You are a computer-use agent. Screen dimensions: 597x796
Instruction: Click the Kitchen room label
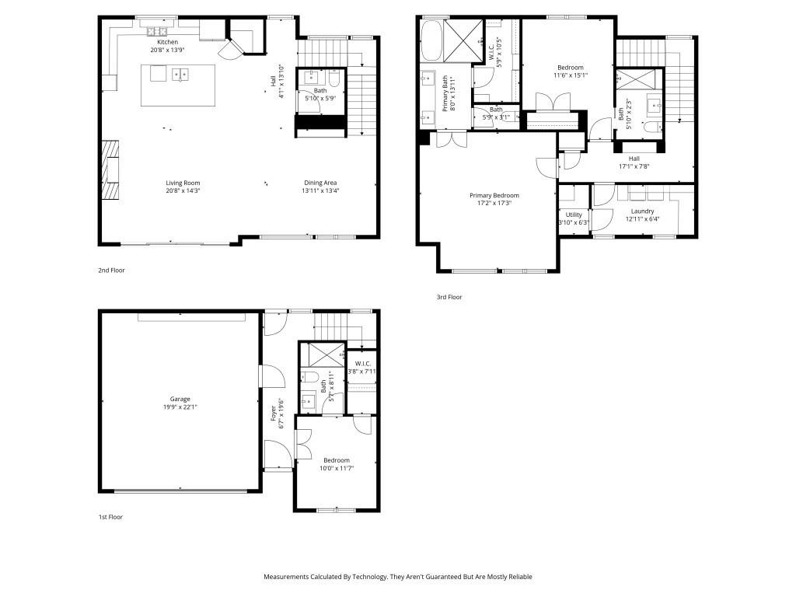click(x=167, y=42)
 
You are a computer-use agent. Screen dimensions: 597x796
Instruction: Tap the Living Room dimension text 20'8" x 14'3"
click(x=183, y=190)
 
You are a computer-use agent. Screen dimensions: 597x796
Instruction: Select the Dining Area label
click(x=320, y=183)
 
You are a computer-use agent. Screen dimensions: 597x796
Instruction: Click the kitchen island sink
click(x=180, y=75)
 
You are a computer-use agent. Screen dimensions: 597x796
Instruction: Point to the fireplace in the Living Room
click(x=113, y=170)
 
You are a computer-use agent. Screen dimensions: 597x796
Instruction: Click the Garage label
click(x=180, y=399)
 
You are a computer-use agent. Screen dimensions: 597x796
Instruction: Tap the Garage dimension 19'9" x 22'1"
click(x=180, y=407)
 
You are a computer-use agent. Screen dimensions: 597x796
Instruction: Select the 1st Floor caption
click(x=110, y=517)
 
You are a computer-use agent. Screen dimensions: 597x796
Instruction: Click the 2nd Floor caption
click(x=111, y=271)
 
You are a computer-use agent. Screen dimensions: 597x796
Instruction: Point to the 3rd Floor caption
click(x=449, y=297)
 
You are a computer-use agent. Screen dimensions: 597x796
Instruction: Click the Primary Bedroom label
click(x=494, y=195)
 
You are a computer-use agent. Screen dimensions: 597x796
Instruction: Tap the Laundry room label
click(x=642, y=211)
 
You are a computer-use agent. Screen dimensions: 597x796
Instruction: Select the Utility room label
click(x=574, y=215)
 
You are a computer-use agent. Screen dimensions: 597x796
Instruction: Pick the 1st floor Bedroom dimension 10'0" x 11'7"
click(x=337, y=468)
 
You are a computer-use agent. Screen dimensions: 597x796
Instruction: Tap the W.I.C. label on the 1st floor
click(x=362, y=363)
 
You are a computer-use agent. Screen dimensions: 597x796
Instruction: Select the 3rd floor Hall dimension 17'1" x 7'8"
click(x=634, y=166)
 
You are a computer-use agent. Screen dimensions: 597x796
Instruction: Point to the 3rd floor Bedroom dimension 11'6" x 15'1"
click(x=570, y=75)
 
